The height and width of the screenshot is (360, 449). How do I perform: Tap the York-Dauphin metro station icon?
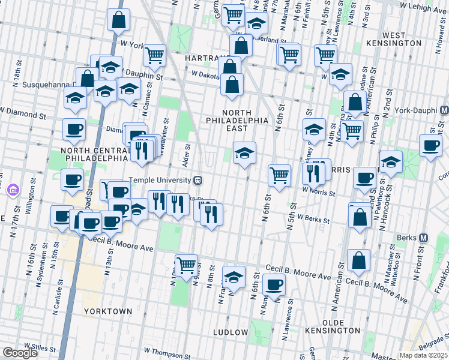444,111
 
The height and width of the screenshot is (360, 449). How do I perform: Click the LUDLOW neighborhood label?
231,332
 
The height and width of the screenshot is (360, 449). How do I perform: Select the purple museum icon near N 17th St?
12,191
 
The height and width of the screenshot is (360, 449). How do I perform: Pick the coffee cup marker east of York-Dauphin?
430,145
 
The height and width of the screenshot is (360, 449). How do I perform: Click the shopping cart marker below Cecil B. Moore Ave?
186,263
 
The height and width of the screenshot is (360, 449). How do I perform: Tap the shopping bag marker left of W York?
119,20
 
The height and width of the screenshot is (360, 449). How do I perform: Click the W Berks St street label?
313,220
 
